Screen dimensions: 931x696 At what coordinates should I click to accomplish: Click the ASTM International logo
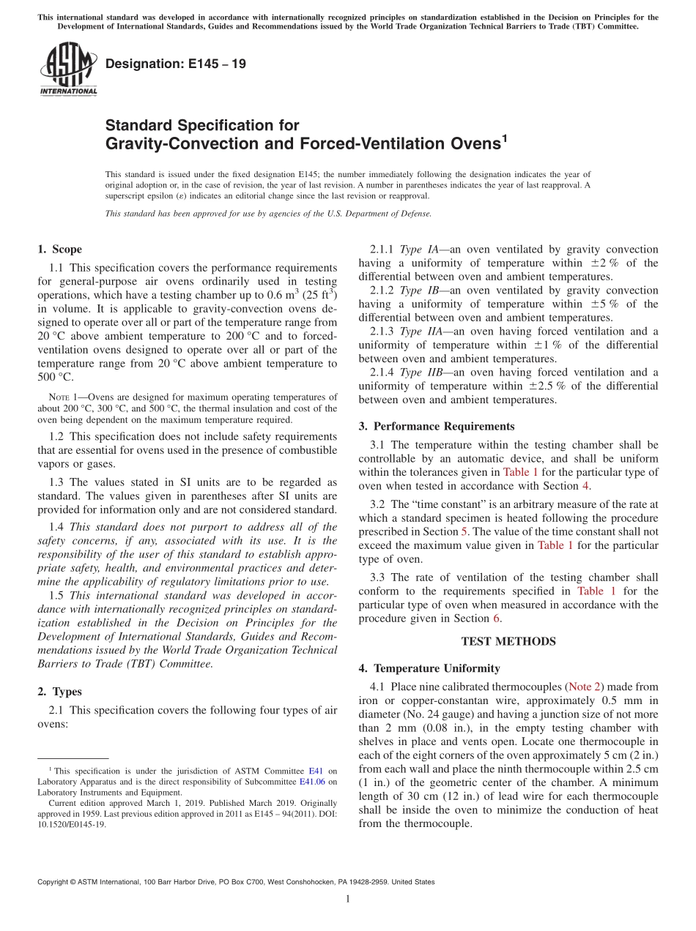point(68,69)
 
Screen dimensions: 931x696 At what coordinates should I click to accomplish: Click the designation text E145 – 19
point(175,64)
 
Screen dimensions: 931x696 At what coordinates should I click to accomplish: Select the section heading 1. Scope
point(59,250)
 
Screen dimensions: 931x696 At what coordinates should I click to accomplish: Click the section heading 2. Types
point(59,692)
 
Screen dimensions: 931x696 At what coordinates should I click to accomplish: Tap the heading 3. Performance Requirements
point(437,426)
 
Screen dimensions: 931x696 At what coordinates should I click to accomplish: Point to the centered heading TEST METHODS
point(508,641)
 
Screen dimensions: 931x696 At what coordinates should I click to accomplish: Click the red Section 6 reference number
point(496,618)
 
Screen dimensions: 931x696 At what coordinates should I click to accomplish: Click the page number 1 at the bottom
point(348,900)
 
